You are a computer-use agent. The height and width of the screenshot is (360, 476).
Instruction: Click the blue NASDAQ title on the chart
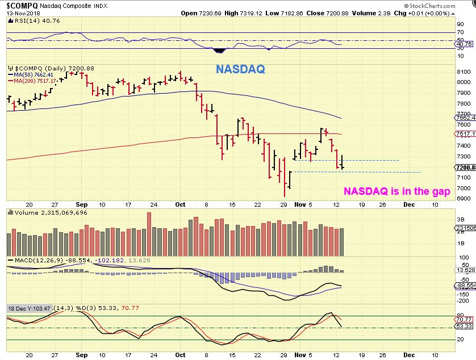point(240,70)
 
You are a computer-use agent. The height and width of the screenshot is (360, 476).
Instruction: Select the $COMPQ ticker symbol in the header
point(20,5)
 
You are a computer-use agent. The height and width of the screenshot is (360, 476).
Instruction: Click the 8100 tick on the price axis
point(464,72)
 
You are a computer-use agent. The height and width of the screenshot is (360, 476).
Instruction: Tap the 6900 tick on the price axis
point(464,199)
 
